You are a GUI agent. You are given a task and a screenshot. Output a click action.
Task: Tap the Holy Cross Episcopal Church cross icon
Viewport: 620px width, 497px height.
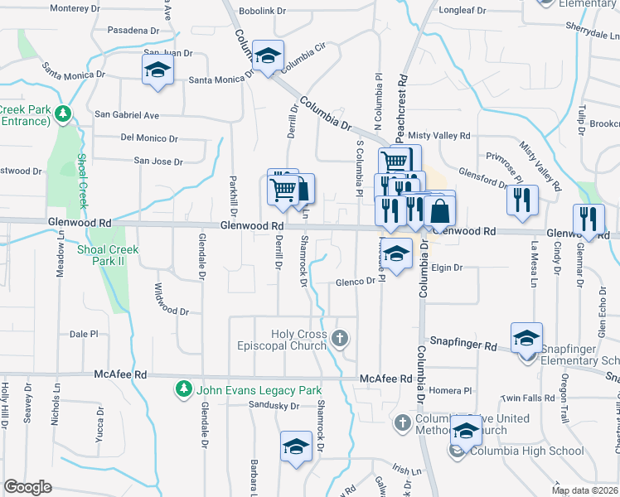coord(339,338)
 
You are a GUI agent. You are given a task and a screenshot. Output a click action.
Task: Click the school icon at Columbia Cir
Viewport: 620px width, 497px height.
coord(268,55)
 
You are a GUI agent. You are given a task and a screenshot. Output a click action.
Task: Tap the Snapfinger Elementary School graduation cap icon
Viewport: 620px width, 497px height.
coord(526,338)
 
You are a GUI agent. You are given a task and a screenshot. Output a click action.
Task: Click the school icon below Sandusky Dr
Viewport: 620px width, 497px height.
coord(296,447)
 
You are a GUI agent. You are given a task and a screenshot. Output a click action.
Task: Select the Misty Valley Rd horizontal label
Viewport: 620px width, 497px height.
coord(439,135)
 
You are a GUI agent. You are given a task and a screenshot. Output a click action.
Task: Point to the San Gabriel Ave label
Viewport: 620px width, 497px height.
coord(127,114)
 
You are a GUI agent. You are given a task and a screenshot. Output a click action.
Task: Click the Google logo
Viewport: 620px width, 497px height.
coord(27,487)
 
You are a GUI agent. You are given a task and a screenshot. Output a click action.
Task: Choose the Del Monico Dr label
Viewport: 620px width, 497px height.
coord(149,138)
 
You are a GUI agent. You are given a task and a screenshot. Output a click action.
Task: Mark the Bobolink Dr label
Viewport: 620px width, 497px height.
coord(262,12)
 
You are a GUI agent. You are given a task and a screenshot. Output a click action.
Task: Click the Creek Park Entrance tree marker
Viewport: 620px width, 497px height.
coord(62,113)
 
